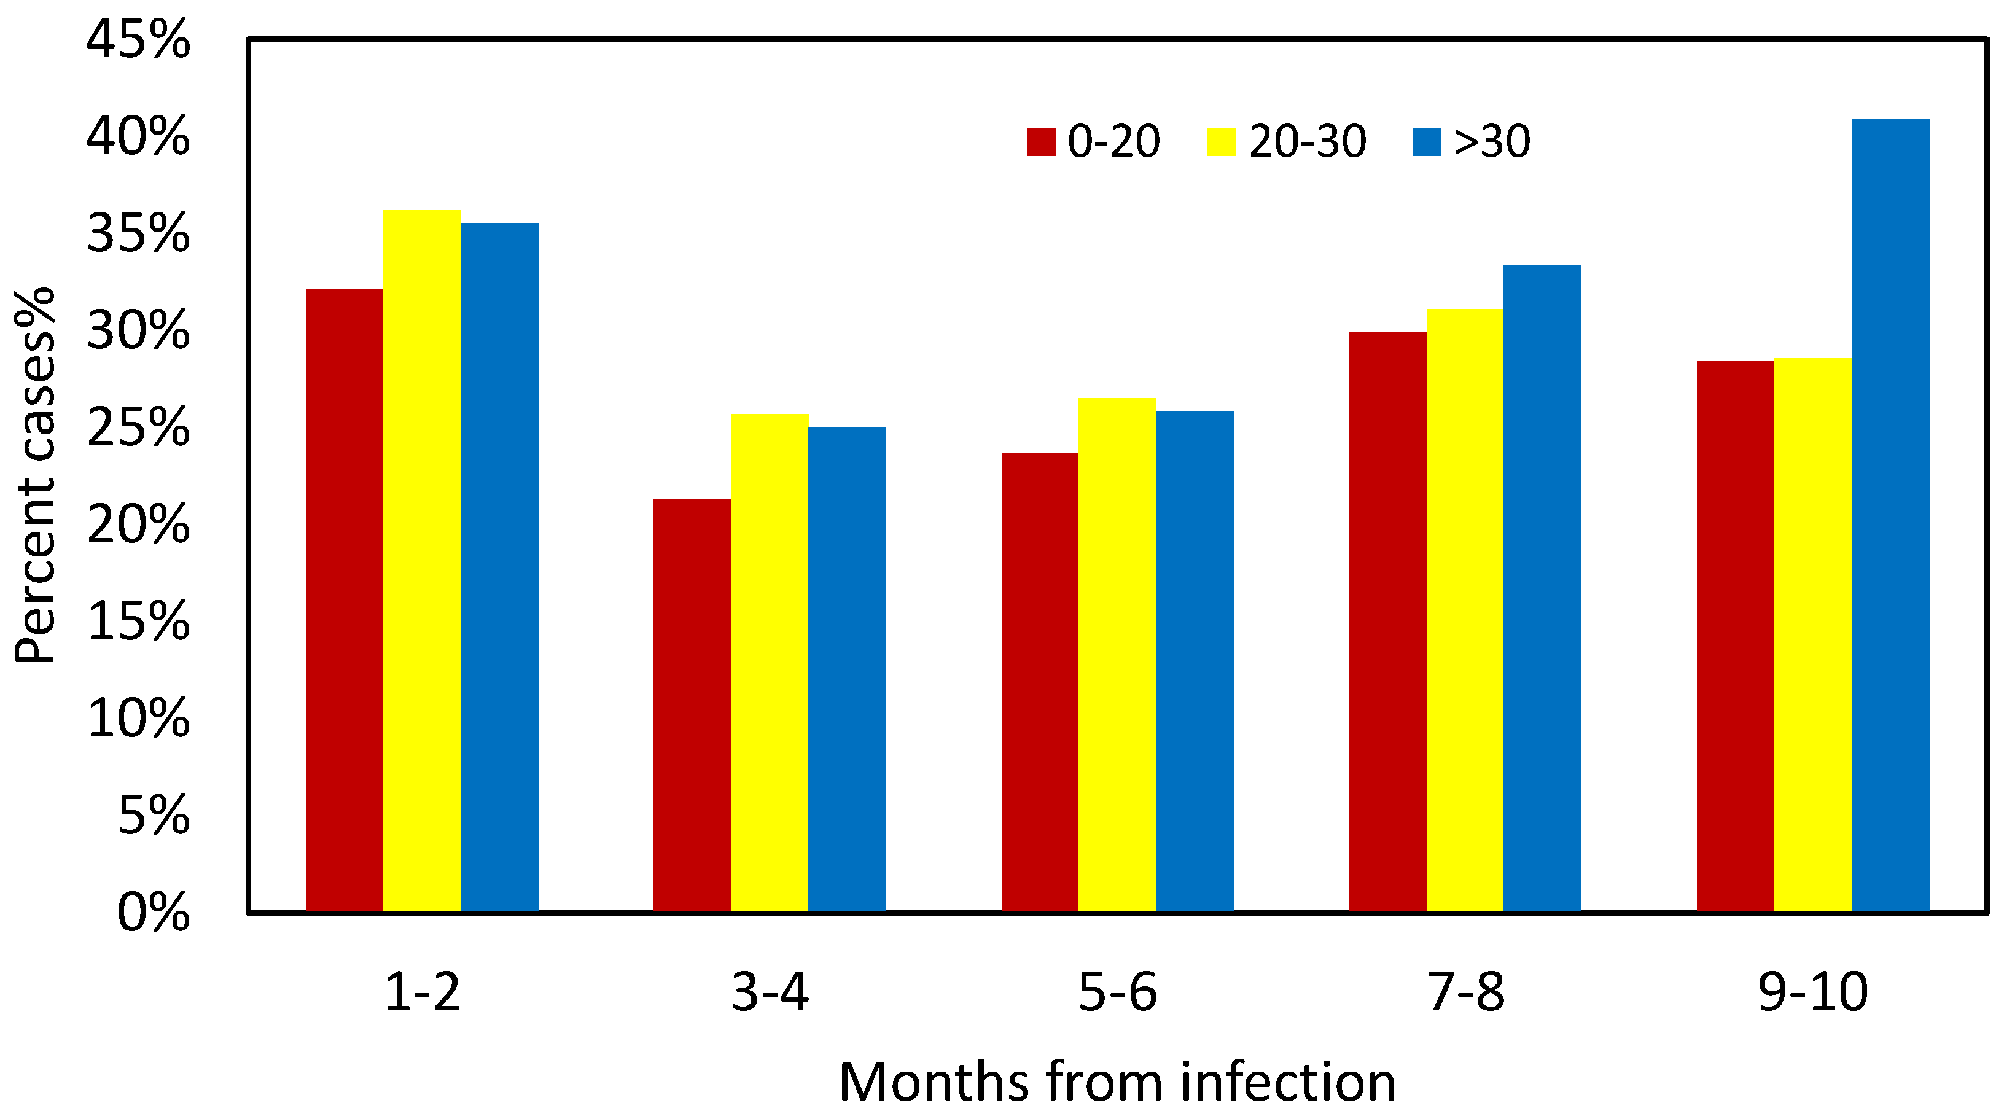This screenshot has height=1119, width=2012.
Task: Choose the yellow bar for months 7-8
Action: click(x=1465, y=610)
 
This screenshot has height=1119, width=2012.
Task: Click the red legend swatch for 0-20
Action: click(x=1040, y=142)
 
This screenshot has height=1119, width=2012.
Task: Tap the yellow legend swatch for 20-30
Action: click(x=1221, y=142)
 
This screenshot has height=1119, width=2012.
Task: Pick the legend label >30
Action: click(x=1491, y=142)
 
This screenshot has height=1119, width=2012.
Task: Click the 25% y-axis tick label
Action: click(x=138, y=428)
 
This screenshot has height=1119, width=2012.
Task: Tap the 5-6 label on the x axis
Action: click(x=1117, y=992)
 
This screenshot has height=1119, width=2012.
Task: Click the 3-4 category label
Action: click(x=770, y=992)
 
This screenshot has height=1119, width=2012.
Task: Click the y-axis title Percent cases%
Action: click(x=35, y=477)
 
